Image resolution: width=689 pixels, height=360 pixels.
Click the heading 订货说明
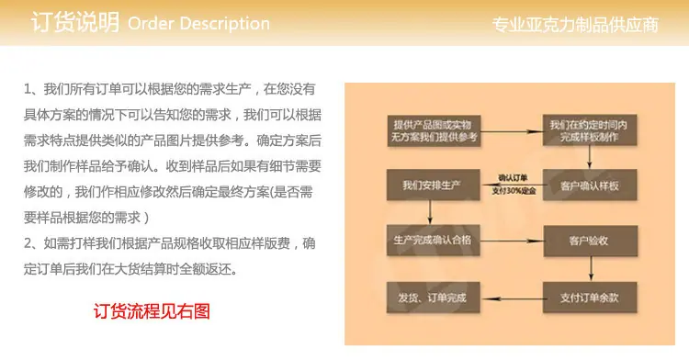75,22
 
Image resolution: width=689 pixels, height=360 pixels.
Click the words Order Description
198,23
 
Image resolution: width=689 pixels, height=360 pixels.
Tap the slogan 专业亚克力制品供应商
575,25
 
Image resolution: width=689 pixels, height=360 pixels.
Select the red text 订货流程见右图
152,311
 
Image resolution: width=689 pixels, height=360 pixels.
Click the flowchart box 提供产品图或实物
434,130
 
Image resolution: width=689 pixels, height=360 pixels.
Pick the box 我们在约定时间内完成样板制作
589,130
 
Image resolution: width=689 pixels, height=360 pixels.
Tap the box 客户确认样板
590,186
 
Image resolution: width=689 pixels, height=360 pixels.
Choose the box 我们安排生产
433,185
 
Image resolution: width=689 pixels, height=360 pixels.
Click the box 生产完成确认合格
433,240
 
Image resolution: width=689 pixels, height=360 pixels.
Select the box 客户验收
590,241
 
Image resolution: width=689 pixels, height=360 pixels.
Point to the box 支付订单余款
590,298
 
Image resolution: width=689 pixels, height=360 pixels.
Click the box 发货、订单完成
433,298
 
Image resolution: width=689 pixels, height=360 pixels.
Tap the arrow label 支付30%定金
514,190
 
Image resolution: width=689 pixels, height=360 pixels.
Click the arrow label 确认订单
513,178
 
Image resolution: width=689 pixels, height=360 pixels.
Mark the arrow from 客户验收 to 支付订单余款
591,269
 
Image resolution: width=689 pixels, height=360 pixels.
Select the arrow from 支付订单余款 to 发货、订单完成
512,298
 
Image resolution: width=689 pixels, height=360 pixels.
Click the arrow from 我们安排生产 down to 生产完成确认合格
430,212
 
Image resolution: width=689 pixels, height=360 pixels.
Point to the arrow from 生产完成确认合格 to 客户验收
512,241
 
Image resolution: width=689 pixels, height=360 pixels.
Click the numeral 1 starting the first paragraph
28,90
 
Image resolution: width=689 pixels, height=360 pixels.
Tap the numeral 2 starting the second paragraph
28,243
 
